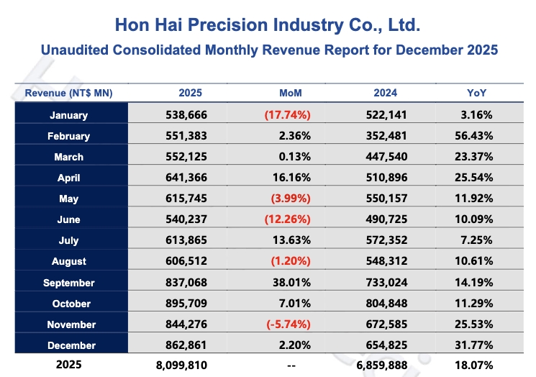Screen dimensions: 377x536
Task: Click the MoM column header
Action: [291, 94]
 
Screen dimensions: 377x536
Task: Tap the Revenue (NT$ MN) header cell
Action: [69, 94]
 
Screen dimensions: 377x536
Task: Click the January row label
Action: [69, 115]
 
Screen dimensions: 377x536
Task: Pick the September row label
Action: [69, 283]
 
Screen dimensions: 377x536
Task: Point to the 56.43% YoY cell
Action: [476, 136]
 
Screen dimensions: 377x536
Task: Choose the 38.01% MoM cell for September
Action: [292, 283]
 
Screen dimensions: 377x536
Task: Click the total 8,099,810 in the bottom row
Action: [180, 365]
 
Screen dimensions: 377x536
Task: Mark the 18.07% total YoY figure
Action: [476, 365]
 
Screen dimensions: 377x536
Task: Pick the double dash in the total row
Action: [291, 366]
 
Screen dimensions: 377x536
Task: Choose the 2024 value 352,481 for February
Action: [384, 136]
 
